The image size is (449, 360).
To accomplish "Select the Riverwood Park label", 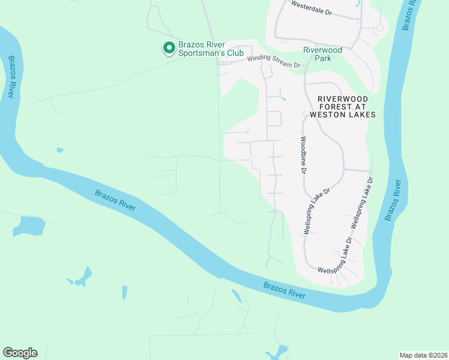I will click(x=322, y=54).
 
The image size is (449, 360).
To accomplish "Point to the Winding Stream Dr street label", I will click(x=273, y=62).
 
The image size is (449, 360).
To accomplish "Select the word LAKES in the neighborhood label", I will click(x=363, y=114).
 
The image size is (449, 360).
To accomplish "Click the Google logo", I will click(x=20, y=353).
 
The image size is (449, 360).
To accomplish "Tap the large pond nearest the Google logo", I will click(x=29, y=226).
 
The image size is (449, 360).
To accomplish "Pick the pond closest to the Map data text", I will click(x=279, y=352).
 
